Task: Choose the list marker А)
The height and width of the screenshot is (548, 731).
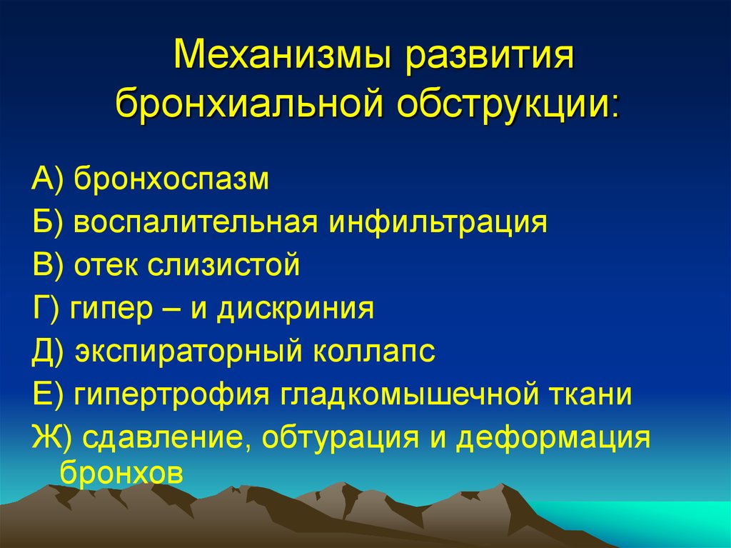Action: (47, 179)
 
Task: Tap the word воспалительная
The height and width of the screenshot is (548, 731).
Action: (196, 221)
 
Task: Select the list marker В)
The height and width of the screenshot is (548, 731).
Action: (47, 264)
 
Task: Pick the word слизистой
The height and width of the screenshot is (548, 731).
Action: (223, 265)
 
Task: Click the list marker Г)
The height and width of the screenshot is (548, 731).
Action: (46, 309)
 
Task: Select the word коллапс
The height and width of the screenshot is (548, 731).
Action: (374, 352)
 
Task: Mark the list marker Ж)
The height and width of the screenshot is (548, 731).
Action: (51, 438)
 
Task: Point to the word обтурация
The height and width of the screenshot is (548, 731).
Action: (340, 439)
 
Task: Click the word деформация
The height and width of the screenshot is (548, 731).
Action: (553, 439)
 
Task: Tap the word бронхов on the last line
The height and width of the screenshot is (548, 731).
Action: (121, 472)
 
